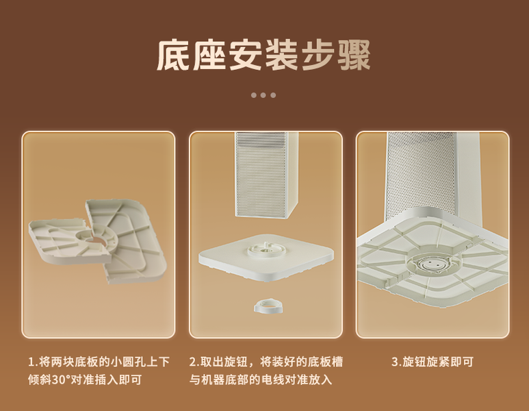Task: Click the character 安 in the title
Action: coord(246,55)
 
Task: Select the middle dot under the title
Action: coord(263,95)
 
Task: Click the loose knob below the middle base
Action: coord(268,306)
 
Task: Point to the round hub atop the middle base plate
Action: coord(264,249)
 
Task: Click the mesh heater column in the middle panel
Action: coord(266,173)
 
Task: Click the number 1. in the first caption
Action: coord(34,362)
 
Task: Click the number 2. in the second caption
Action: coord(194,362)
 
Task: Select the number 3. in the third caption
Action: coord(397,362)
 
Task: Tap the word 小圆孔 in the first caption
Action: coord(128,362)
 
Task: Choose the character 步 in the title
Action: coord(318,55)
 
